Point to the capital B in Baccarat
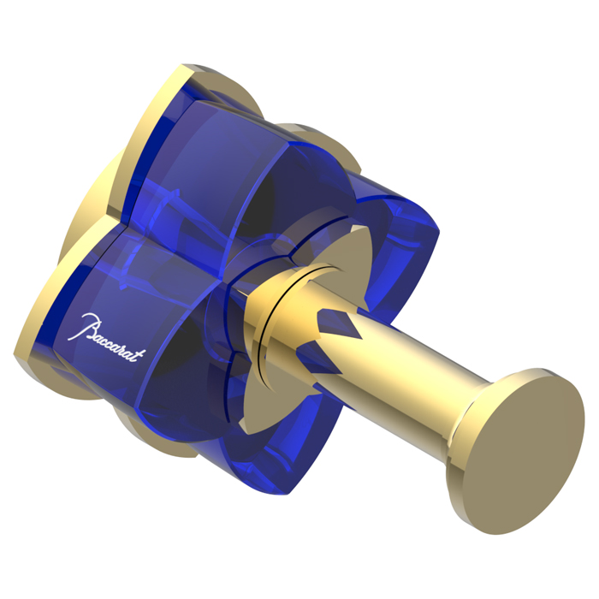[x=88, y=325]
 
